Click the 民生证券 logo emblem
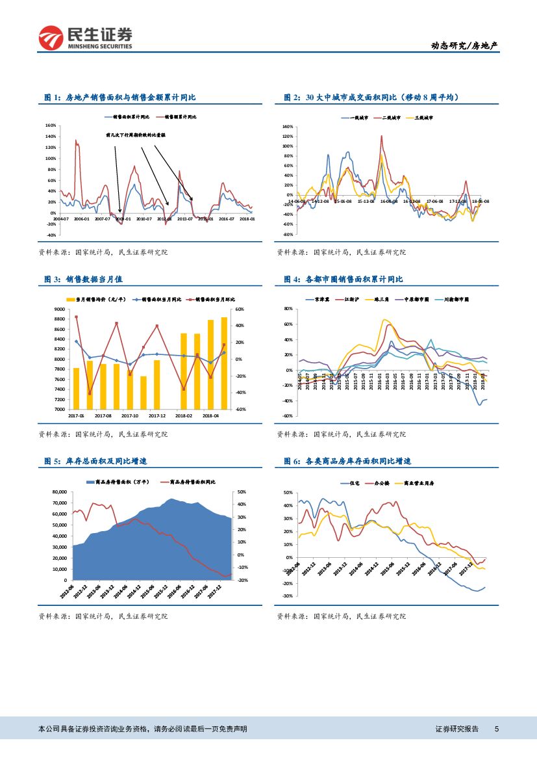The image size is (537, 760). coord(51,38)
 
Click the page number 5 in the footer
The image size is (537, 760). coord(497,729)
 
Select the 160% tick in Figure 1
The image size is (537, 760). coord(51,125)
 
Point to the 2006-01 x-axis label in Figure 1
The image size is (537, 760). coord(81,220)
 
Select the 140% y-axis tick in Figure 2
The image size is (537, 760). coord(288,127)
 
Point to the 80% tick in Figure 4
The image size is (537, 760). coord(289,308)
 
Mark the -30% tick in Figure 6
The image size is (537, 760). coord(288,596)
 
